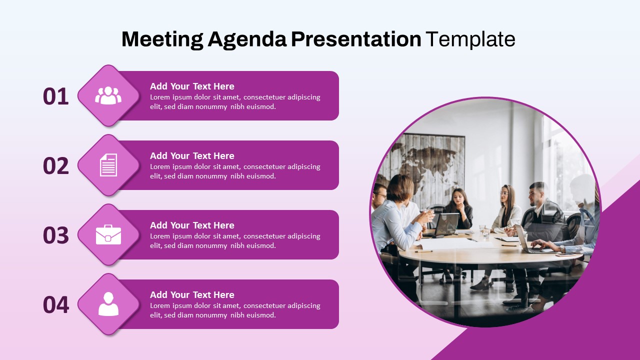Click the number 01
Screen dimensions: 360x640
pyautogui.click(x=55, y=96)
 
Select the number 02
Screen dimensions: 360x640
pyautogui.click(x=55, y=165)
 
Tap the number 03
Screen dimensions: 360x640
pyautogui.click(x=55, y=235)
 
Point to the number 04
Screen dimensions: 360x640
pyautogui.click(x=55, y=304)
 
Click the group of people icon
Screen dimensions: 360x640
pyautogui.click(x=108, y=95)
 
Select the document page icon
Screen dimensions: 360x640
pyautogui.click(x=108, y=165)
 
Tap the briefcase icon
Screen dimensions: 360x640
pyautogui.click(x=108, y=234)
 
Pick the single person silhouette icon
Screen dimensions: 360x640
pyautogui.click(x=108, y=304)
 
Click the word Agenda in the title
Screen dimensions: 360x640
pyautogui.click(x=247, y=39)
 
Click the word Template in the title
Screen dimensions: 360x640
pyautogui.click(x=470, y=39)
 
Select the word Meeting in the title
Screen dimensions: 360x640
pyautogui.click(x=162, y=39)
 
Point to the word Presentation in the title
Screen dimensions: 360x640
pyautogui.click(x=356, y=39)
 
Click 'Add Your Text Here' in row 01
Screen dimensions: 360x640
pyautogui.click(x=192, y=86)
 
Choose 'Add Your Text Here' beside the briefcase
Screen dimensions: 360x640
pyautogui.click(x=192, y=225)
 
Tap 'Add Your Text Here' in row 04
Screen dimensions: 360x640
pyautogui.click(x=192, y=295)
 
